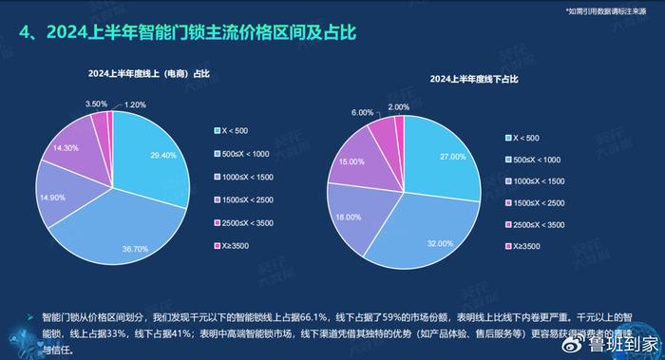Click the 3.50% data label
tap(96, 104)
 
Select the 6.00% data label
tap(363, 112)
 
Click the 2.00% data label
tap(400, 107)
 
